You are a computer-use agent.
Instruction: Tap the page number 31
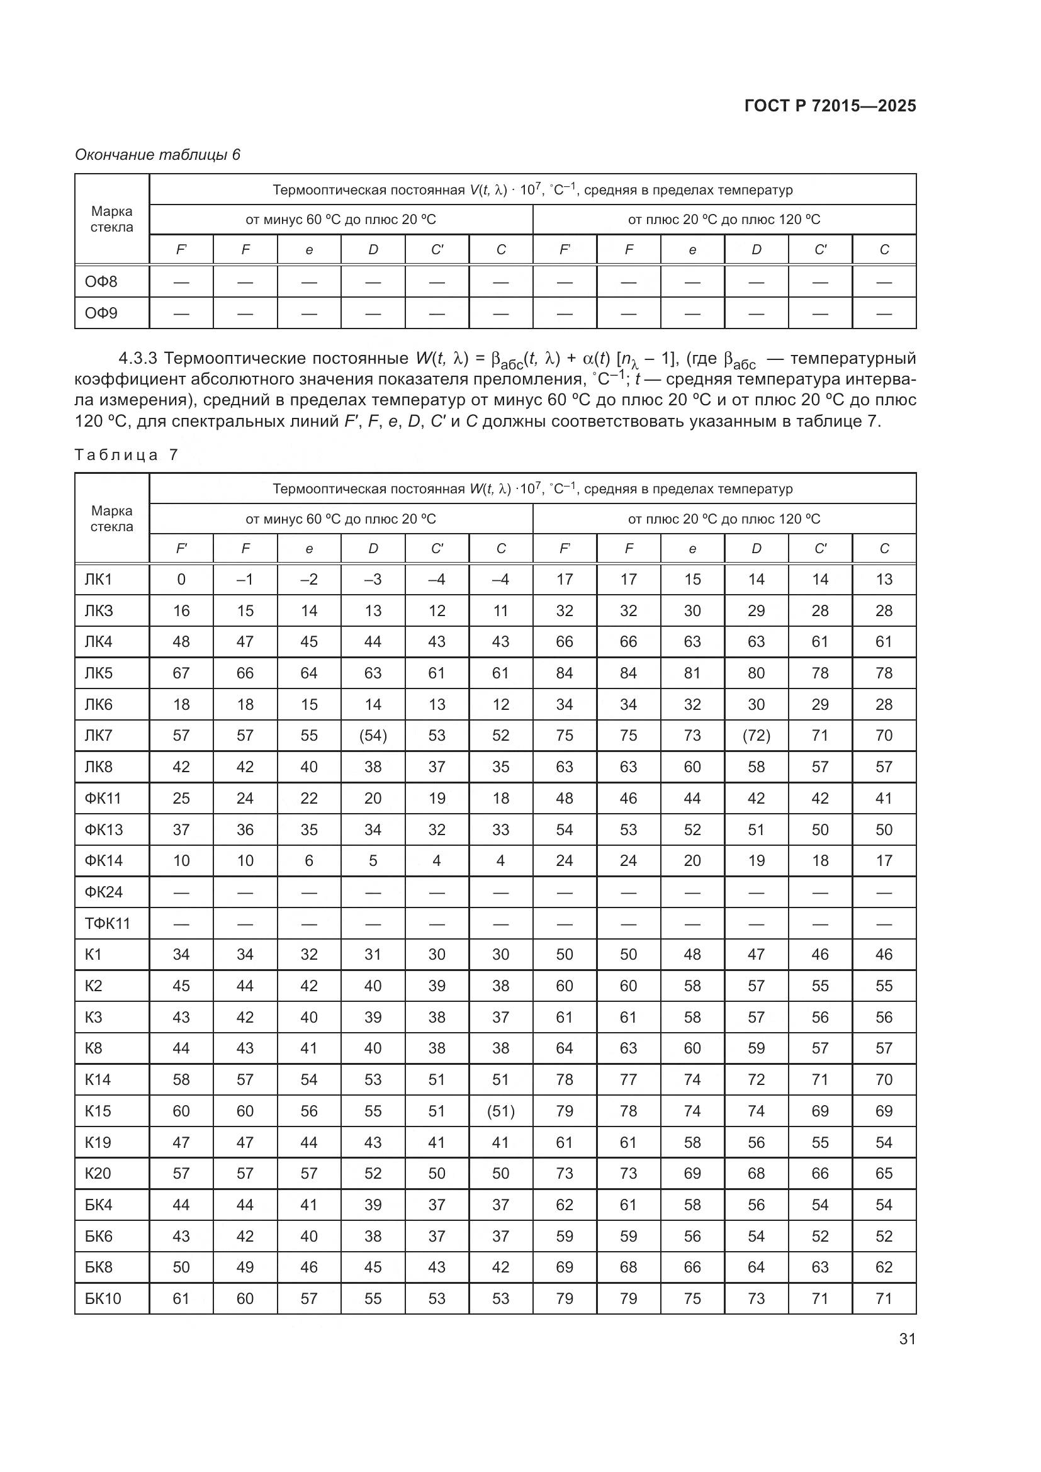pyautogui.click(x=907, y=1339)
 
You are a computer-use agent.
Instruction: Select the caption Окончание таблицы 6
pyautogui.click(x=158, y=155)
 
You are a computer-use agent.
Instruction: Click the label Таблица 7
pyautogui.click(x=127, y=454)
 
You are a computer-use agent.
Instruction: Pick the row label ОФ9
pyautogui.click(x=101, y=313)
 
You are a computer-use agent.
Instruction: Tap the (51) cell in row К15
pyautogui.click(x=500, y=1111)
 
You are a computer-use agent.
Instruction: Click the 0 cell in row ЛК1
pyautogui.click(x=181, y=580)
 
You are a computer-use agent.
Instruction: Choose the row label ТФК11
pyautogui.click(x=108, y=923)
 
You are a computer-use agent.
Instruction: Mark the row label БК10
pyautogui.click(x=103, y=1298)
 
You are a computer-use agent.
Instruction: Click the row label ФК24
pyautogui.click(x=104, y=892)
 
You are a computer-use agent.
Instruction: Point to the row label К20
pyautogui.click(x=98, y=1173)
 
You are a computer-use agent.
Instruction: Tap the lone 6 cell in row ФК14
pyautogui.click(x=309, y=860)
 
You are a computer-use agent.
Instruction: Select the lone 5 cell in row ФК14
pyautogui.click(x=373, y=860)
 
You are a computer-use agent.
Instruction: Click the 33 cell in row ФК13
pyautogui.click(x=500, y=829)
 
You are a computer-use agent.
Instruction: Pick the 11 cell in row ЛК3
pyautogui.click(x=500, y=610)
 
